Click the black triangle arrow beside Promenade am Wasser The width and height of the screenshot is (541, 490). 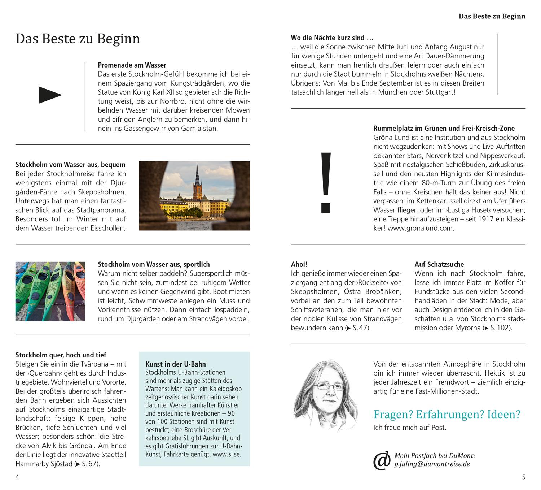click(50, 95)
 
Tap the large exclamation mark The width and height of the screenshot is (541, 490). click(326, 182)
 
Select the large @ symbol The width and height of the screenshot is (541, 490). click(382, 460)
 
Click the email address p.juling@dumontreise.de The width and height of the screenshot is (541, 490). click(432, 464)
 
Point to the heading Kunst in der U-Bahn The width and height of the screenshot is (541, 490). click(176, 364)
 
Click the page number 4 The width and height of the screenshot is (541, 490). click(17, 477)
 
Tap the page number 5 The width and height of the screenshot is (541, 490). click(524, 477)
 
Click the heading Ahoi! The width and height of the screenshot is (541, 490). click(299, 264)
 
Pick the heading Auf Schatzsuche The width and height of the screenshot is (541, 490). click(439, 264)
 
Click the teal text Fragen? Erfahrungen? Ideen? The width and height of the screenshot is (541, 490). click(447, 414)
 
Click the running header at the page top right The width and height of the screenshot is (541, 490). click(492, 16)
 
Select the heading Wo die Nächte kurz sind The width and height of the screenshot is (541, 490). click(332, 38)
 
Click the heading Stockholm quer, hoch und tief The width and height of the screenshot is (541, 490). click(61, 355)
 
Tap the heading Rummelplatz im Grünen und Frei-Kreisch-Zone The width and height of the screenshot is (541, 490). click(444, 129)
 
